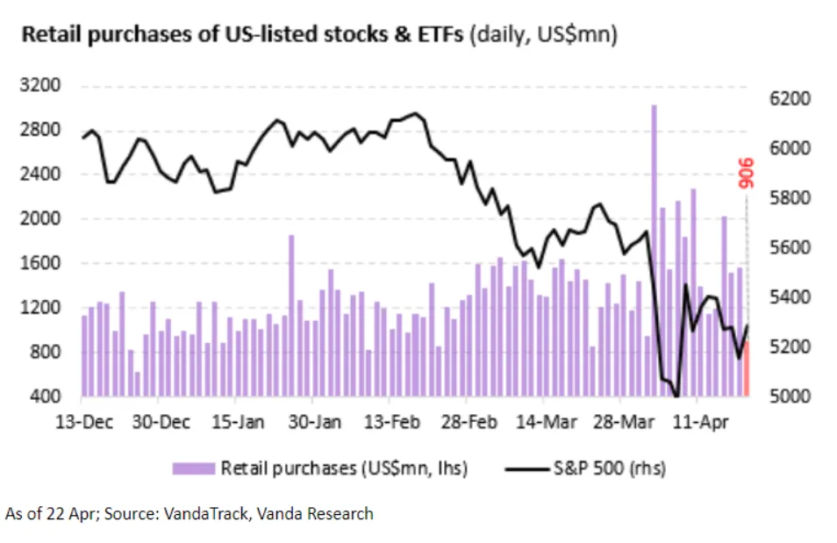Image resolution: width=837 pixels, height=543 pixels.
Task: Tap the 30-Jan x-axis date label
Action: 316,422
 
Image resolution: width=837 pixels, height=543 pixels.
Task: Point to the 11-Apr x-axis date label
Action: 698,422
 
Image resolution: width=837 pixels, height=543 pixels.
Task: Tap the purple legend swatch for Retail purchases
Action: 194,468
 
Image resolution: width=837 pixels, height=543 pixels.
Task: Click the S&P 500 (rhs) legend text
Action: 610,468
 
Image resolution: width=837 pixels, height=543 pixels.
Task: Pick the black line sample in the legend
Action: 526,468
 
